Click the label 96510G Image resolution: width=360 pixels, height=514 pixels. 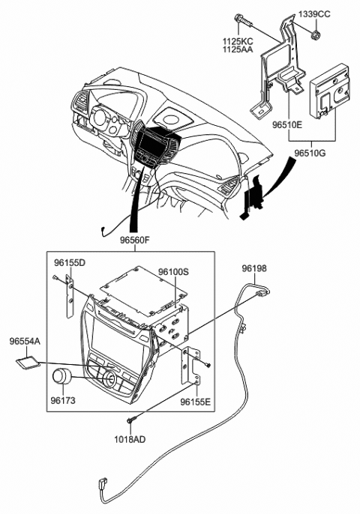point(331,153)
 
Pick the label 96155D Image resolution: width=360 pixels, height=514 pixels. point(69,263)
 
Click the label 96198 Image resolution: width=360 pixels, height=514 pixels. point(253,268)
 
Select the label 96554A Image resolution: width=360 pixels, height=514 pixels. point(25,341)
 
